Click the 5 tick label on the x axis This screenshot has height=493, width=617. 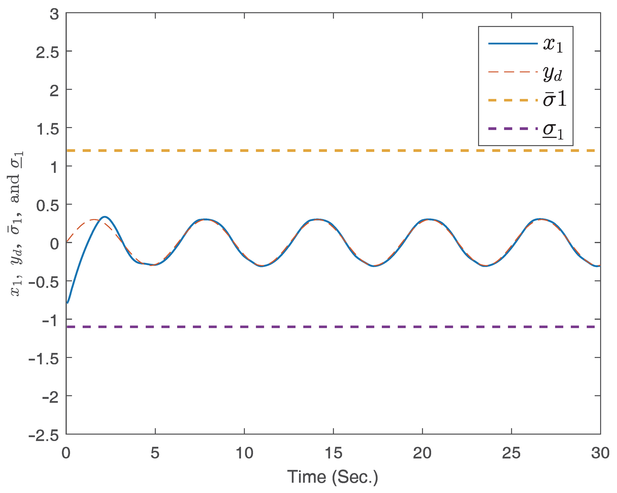point(155,453)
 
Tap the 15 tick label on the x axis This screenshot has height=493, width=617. point(333,453)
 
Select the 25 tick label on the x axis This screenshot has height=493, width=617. point(511,453)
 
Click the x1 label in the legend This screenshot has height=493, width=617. point(553,45)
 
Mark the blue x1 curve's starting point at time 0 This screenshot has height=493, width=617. point(67,302)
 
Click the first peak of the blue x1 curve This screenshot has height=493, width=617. point(105,217)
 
